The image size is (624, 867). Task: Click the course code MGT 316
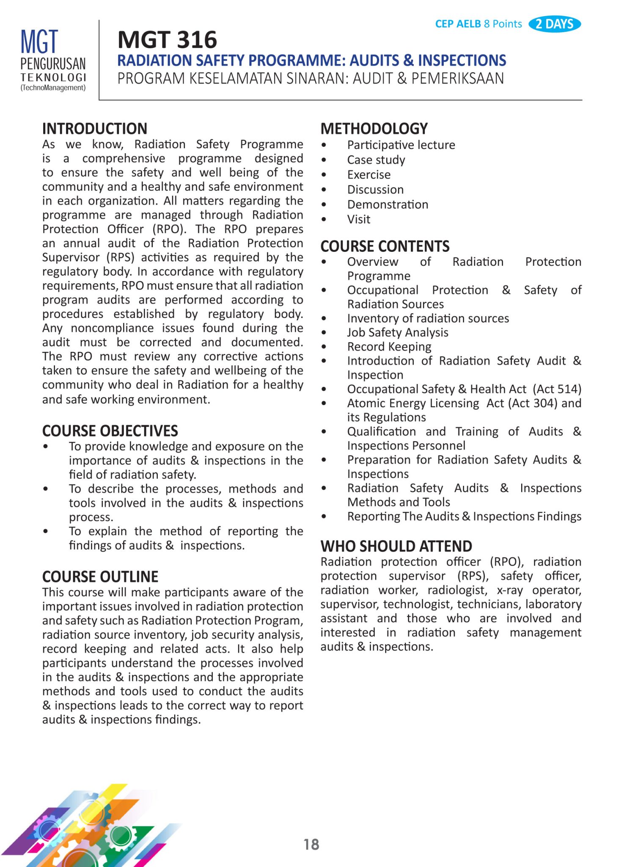pyautogui.click(x=168, y=40)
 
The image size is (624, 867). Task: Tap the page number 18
pyautogui.click(x=311, y=845)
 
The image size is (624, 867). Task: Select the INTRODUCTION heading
pyautogui.click(x=95, y=129)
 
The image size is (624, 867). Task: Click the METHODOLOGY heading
pyautogui.click(x=374, y=129)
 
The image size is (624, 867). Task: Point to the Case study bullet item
pyautogui.click(x=376, y=160)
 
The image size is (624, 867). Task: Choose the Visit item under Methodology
pyautogui.click(x=359, y=219)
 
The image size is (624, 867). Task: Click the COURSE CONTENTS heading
pyautogui.click(x=385, y=246)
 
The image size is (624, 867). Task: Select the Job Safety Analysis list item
pyautogui.click(x=398, y=333)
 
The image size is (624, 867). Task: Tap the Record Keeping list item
pyautogui.click(x=389, y=347)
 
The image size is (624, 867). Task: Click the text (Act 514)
pyautogui.click(x=557, y=389)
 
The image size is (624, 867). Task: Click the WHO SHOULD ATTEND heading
pyautogui.click(x=396, y=546)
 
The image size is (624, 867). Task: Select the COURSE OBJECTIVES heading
pyautogui.click(x=110, y=431)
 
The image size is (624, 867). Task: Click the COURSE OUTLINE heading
pyautogui.click(x=100, y=577)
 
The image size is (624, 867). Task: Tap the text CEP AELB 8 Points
pyautogui.click(x=478, y=24)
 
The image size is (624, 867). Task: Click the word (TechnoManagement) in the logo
pyautogui.click(x=53, y=88)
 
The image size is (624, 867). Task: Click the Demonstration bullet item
pyautogui.click(x=388, y=204)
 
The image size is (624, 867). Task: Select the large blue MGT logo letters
pyautogui.click(x=39, y=42)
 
